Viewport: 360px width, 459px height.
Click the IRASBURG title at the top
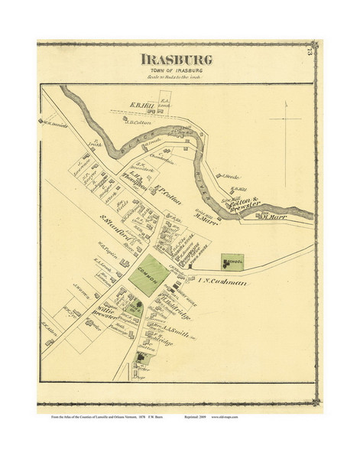click(176, 60)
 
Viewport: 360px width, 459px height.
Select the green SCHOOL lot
click(232, 262)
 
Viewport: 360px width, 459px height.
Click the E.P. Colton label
click(166, 187)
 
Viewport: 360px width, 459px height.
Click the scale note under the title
click(176, 79)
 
